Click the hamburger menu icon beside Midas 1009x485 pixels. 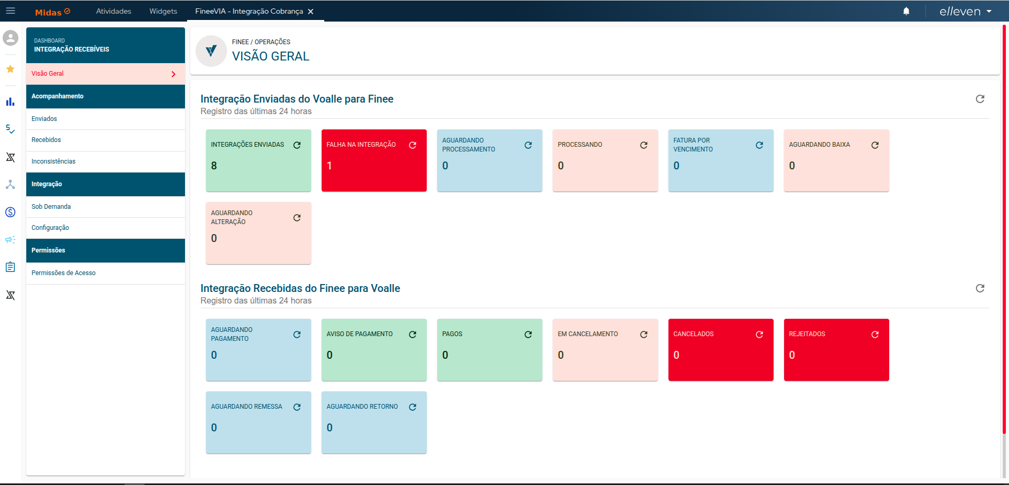click(11, 11)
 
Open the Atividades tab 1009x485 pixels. click(114, 11)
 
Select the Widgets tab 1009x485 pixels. click(163, 11)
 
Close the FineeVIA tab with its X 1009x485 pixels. click(311, 12)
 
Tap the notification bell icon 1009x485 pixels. click(906, 11)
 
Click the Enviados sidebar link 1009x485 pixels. click(44, 119)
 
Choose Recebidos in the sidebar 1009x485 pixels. click(46, 140)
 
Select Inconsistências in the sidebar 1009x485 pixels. click(54, 161)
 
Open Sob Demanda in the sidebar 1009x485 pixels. click(51, 207)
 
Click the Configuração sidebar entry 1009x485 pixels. click(50, 228)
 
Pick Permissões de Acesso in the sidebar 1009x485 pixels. click(64, 273)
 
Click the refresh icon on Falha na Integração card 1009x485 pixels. click(413, 145)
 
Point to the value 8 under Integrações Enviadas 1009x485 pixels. click(214, 166)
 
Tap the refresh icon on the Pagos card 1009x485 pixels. click(528, 335)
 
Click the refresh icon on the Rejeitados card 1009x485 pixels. click(875, 335)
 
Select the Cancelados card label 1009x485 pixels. click(693, 334)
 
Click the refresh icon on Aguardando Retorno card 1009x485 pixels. click(413, 407)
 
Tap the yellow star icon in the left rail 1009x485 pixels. click(10, 69)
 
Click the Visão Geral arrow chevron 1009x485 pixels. click(173, 74)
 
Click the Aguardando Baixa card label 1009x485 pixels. click(819, 145)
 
